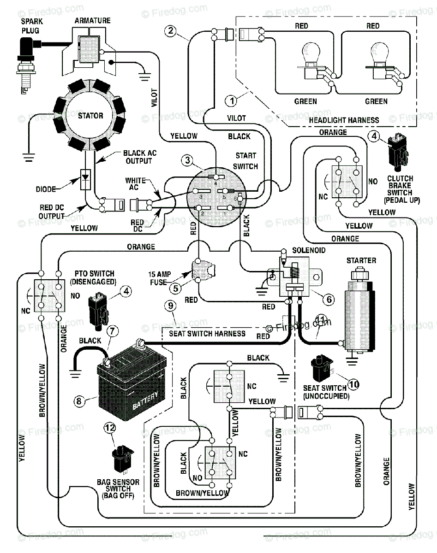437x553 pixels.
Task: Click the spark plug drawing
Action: [x=26, y=65]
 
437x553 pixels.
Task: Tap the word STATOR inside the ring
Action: [x=90, y=116]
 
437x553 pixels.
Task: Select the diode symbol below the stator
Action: [x=85, y=179]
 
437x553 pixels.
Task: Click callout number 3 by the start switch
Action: [x=187, y=160]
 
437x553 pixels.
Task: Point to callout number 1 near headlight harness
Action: [x=231, y=101]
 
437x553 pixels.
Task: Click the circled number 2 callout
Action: [x=170, y=31]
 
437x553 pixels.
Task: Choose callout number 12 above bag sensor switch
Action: [x=110, y=428]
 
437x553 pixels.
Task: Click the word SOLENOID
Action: [x=309, y=250]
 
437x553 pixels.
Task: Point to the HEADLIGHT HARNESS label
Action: [x=344, y=120]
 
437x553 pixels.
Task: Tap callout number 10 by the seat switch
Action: [x=353, y=384]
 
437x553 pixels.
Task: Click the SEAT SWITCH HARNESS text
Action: [x=207, y=334]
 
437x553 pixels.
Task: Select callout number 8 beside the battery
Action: [x=79, y=401]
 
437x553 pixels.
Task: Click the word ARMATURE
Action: [x=93, y=21]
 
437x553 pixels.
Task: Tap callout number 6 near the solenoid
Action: [x=329, y=300]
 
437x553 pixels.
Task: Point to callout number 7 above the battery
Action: [x=113, y=331]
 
